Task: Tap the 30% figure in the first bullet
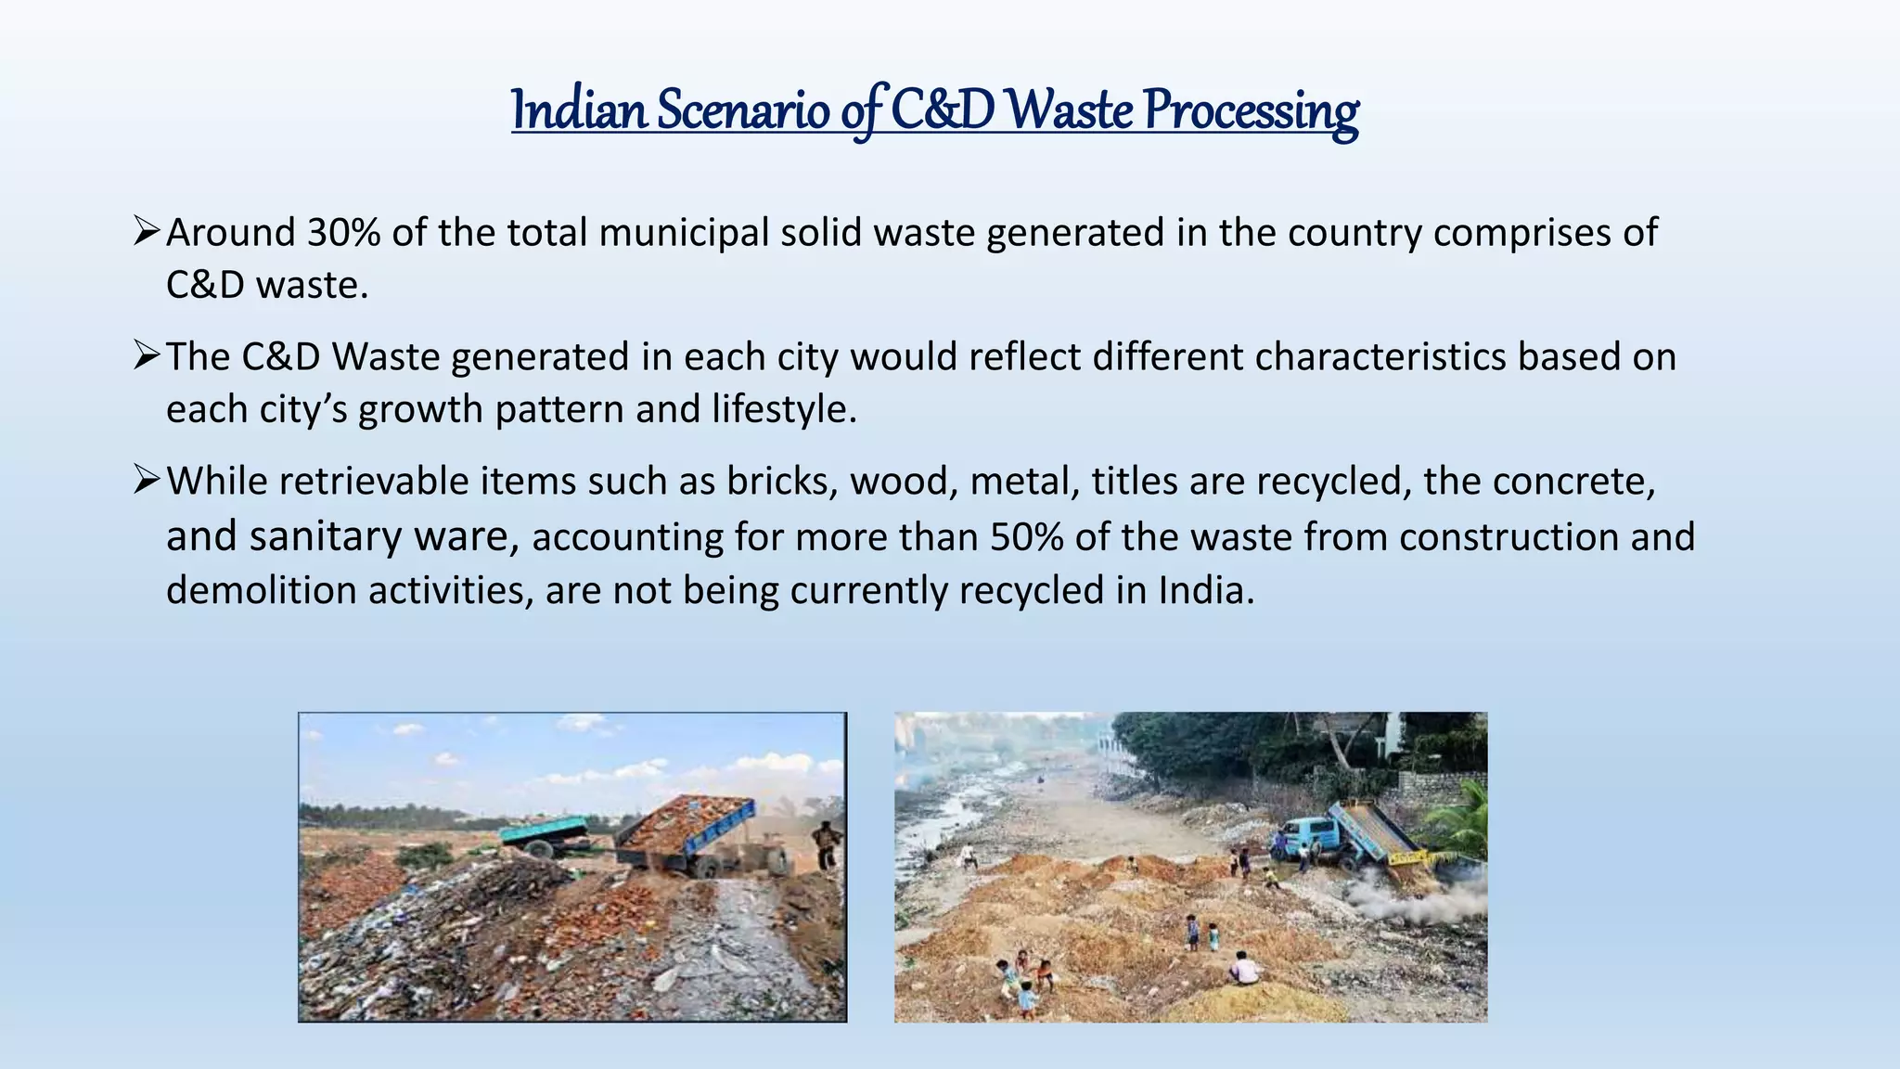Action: (x=343, y=233)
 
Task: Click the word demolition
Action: (x=261, y=590)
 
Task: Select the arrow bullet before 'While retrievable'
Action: (x=147, y=479)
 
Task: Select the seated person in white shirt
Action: (x=1244, y=969)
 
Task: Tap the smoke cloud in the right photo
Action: (x=1410, y=895)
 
